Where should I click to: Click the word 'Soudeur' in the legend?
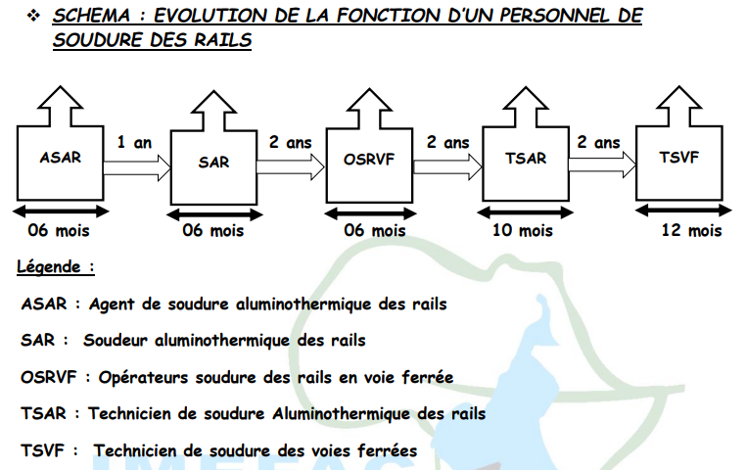(116, 341)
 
